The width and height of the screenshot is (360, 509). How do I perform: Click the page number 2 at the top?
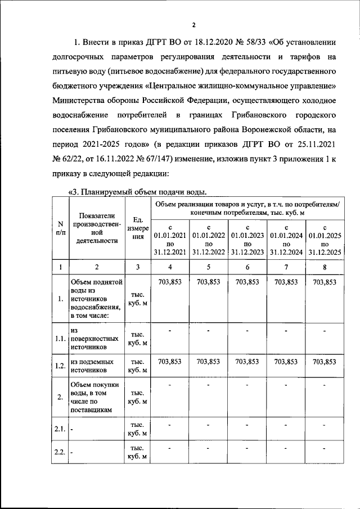pyautogui.click(x=193, y=25)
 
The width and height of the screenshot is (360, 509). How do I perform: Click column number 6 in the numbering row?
pyautogui.click(x=247, y=266)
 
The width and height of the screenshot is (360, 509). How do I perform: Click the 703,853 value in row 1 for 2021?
pyautogui.click(x=169, y=282)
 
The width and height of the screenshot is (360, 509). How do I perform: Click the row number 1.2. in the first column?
pyautogui.click(x=59, y=366)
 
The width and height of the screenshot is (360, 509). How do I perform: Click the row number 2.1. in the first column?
pyautogui.click(x=59, y=429)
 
